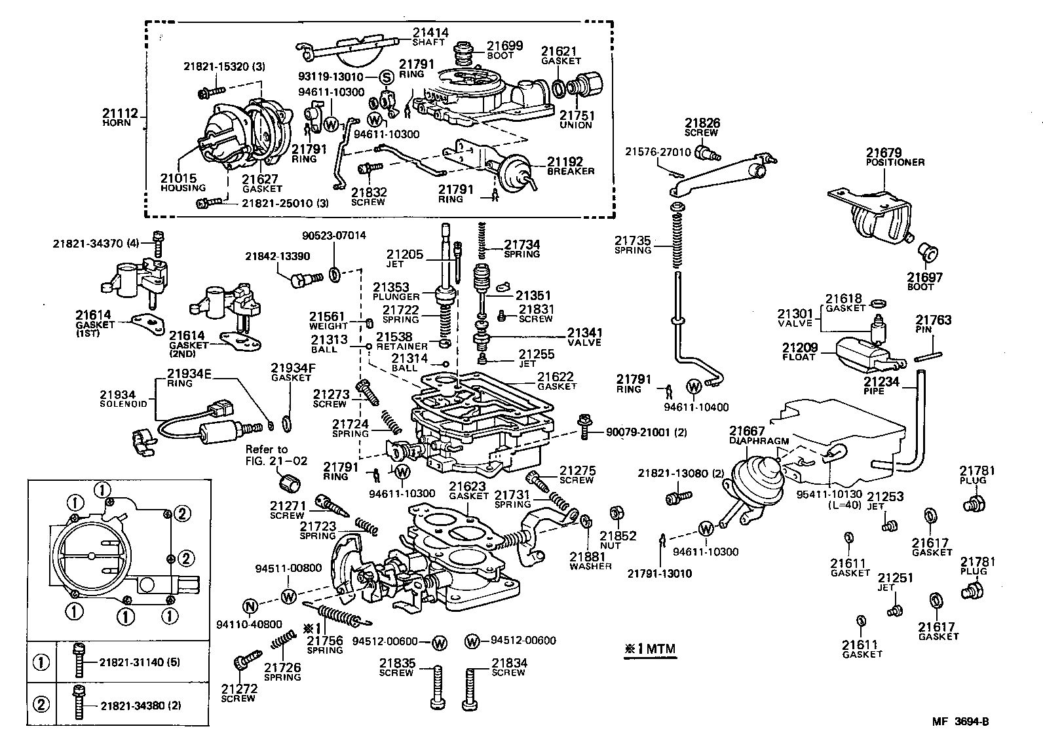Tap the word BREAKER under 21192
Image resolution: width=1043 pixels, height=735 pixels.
(x=571, y=172)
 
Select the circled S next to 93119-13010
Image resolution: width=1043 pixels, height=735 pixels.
(x=387, y=77)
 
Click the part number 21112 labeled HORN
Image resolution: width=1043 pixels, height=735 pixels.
(x=120, y=114)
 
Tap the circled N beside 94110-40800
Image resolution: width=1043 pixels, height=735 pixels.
(x=249, y=606)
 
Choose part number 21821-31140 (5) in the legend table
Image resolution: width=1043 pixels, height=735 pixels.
(x=140, y=662)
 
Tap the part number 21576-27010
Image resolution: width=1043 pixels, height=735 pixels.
(x=657, y=151)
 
